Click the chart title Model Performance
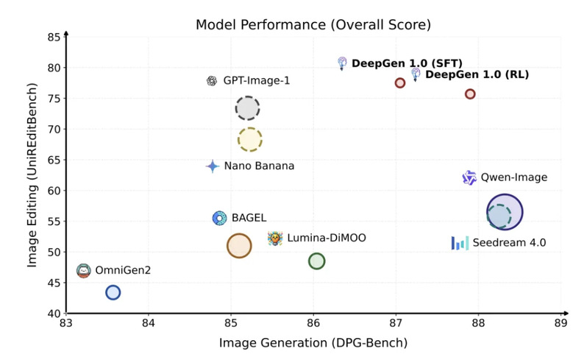(x=313, y=24)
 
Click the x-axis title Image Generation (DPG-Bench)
(x=313, y=343)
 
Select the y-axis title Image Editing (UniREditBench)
(x=33, y=174)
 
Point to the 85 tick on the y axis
(x=55, y=37)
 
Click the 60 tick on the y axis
(x=55, y=191)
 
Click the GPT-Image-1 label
(x=257, y=81)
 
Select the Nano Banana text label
(x=259, y=166)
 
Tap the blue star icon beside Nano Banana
(x=213, y=166)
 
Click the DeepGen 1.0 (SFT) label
(x=407, y=63)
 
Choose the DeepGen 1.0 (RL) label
(x=477, y=74)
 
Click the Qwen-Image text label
(x=513, y=177)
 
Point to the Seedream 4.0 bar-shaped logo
(x=460, y=242)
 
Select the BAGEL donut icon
(x=219, y=218)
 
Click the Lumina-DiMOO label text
(x=326, y=238)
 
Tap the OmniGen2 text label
(x=123, y=270)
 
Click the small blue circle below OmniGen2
(x=113, y=292)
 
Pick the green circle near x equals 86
(x=316, y=261)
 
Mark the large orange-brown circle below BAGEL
(x=239, y=246)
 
